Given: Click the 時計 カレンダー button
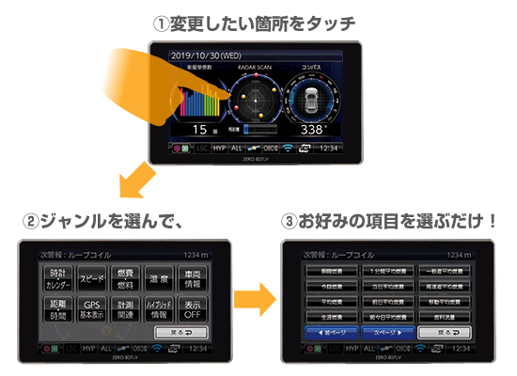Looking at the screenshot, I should point(58,278).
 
